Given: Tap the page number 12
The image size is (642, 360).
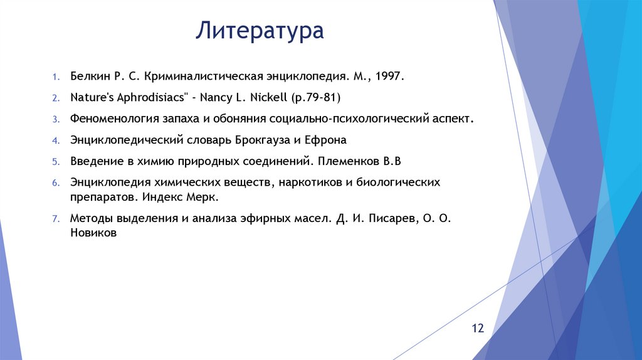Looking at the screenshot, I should click(478, 329).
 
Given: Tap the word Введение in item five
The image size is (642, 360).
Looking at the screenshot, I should click(95, 161).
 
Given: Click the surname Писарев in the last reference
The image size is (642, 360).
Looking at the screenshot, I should click(388, 218).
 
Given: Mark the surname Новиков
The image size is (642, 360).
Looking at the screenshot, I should click(93, 232).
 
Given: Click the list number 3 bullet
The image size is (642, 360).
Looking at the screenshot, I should click(55, 119).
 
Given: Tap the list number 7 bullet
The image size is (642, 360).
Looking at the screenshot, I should click(55, 219).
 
